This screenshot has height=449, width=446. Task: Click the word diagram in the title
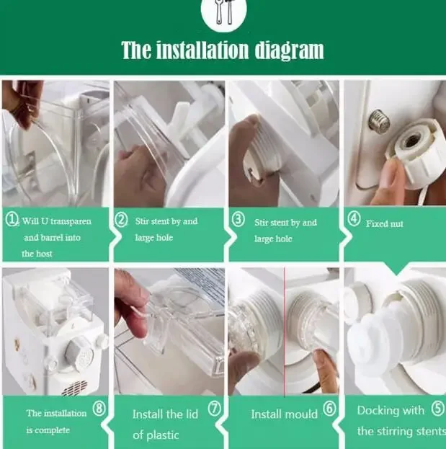pyautogui.click(x=290, y=50)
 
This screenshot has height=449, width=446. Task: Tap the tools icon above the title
pyautogui.click(x=224, y=13)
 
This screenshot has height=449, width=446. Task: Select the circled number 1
pyautogui.click(x=12, y=220)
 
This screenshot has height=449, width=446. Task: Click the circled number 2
pyautogui.click(x=121, y=220)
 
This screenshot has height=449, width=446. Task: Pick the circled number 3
pyautogui.click(x=238, y=219)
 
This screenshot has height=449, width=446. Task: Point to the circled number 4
pyautogui.click(x=354, y=219)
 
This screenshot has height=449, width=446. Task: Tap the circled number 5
pyautogui.click(x=437, y=409)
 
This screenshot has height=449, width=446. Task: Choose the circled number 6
pyautogui.click(x=329, y=409)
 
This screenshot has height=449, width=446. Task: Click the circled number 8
pyautogui.click(x=99, y=409)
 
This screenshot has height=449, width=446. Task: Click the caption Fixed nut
pyautogui.click(x=385, y=223)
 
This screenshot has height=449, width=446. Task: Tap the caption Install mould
pyautogui.click(x=285, y=414)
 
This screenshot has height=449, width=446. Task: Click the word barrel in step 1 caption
pyautogui.click(x=53, y=238)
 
